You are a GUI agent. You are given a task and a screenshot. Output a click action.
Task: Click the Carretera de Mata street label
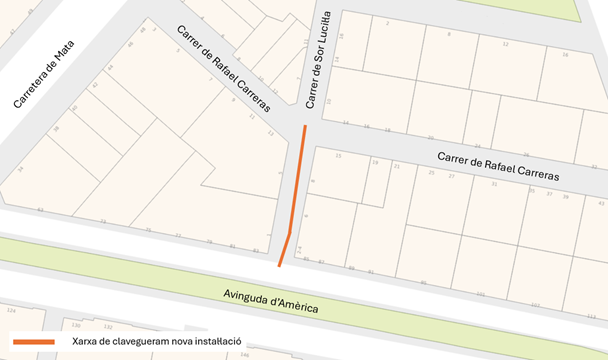44,74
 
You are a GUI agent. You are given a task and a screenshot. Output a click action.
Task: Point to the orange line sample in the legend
33,341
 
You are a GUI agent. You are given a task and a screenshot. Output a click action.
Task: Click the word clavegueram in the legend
138,341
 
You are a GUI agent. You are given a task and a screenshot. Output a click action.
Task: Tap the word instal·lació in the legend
217,341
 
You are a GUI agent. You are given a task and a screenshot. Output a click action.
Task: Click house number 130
75,325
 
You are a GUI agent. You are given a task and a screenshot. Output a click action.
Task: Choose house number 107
535,303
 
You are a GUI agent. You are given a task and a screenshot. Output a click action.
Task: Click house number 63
40,210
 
